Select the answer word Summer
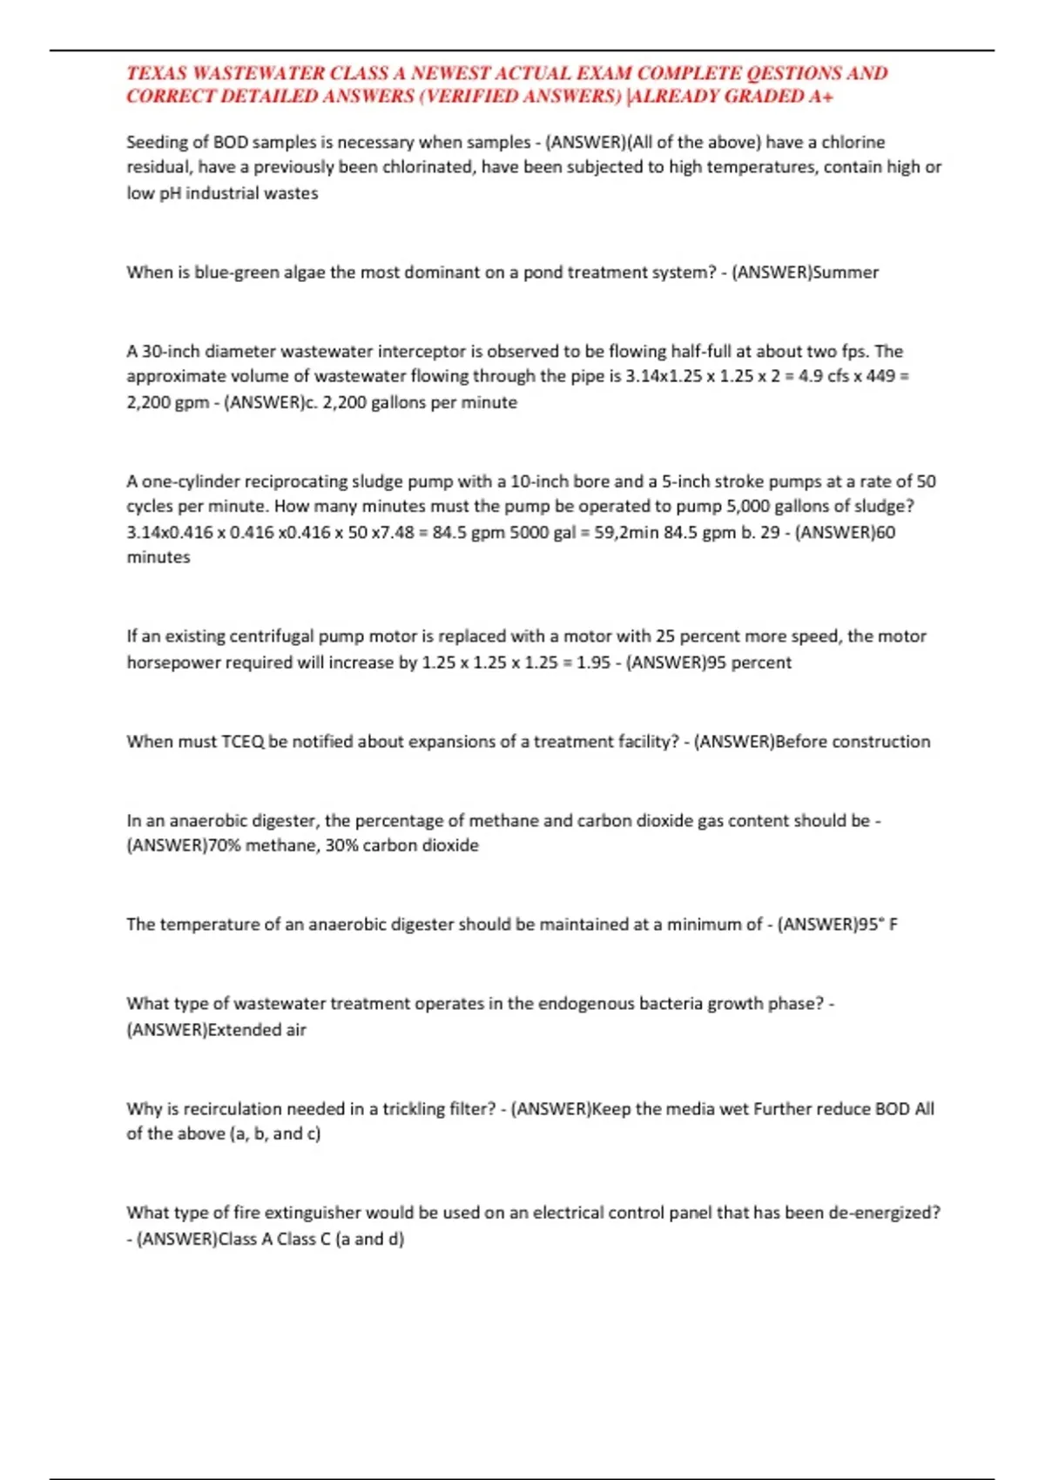[846, 272]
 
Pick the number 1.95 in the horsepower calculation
[593, 663]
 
